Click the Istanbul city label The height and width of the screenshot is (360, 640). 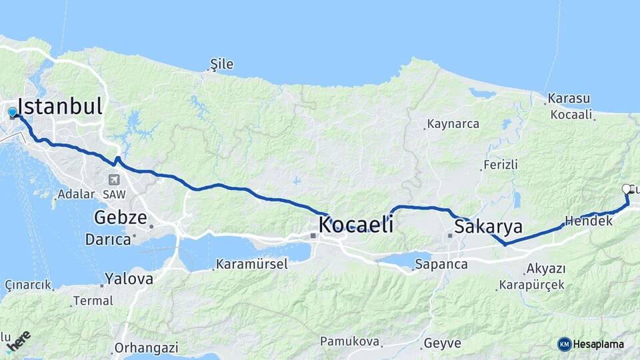pyautogui.click(x=60, y=107)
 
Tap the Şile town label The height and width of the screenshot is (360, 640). pyautogui.click(x=222, y=65)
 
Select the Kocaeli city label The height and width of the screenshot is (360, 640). pyautogui.click(x=355, y=225)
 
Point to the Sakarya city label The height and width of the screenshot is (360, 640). pyautogui.click(x=488, y=227)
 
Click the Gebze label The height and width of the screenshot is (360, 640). pyautogui.click(x=120, y=217)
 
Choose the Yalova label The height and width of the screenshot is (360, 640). pyautogui.click(x=129, y=279)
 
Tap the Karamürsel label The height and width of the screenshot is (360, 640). pyautogui.click(x=251, y=265)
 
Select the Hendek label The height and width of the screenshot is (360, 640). pyautogui.click(x=588, y=220)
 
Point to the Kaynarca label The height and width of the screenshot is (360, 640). pyautogui.click(x=453, y=124)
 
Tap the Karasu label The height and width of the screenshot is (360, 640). pyautogui.click(x=569, y=99)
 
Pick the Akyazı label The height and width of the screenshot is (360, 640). pyautogui.click(x=545, y=269)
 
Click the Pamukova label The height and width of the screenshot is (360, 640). pyautogui.click(x=350, y=342)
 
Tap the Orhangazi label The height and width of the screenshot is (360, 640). pyautogui.click(x=146, y=347)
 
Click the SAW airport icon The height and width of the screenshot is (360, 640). pyautogui.click(x=114, y=179)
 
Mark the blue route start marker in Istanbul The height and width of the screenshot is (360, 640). pyautogui.click(x=13, y=112)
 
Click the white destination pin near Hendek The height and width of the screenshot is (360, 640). pyautogui.click(x=626, y=189)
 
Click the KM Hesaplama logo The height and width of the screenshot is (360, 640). pyautogui.click(x=591, y=344)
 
